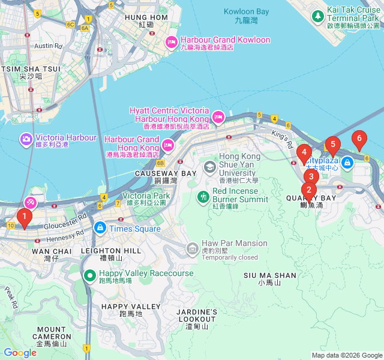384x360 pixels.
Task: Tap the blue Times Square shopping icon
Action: [100, 228]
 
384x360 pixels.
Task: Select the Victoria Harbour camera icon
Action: [26, 139]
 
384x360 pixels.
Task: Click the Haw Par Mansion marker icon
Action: [192, 247]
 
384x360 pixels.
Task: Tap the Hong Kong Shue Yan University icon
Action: [210, 166]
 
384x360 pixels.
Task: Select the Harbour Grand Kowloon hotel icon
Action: [170, 41]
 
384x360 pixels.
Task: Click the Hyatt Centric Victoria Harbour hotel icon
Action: [219, 116]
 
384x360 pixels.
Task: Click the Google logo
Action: [20, 353]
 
